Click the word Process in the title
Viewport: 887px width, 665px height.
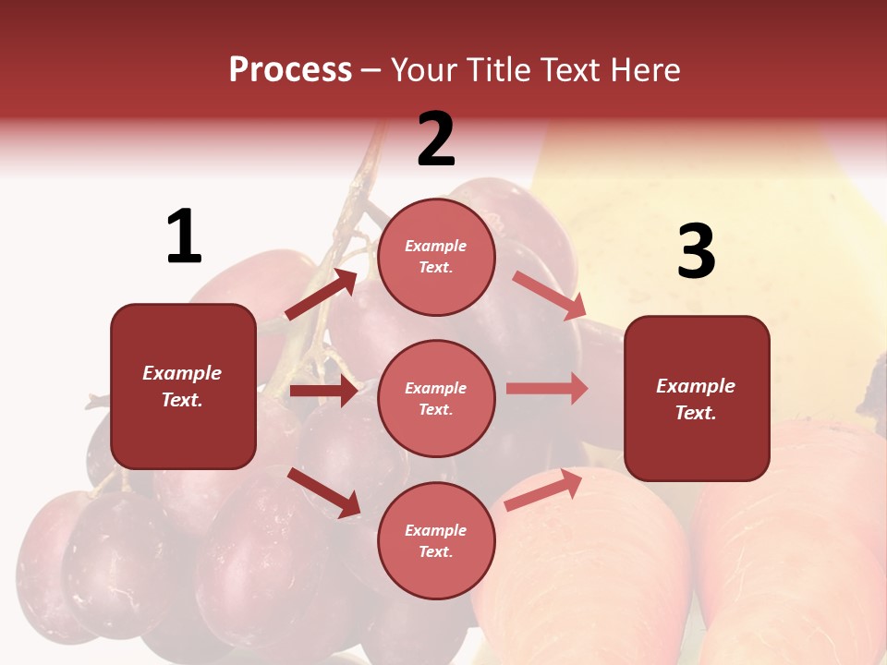(x=290, y=70)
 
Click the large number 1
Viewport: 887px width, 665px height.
(x=184, y=237)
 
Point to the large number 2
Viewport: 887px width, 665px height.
(x=436, y=139)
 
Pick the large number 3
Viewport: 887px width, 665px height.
(x=696, y=252)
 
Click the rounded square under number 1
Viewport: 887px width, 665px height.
(x=183, y=386)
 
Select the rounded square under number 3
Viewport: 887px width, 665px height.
(x=697, y=398)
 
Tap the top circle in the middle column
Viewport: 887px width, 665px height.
(x=436, y=257)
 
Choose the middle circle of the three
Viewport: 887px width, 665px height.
(x=436, y=398)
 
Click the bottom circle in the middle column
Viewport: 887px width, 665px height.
(x=436, y=540)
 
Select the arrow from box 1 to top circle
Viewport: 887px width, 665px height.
(x=321, y=295)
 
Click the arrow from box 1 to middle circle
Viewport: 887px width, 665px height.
(x=323, y=391)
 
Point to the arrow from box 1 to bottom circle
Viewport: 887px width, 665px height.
(x=323, y=491)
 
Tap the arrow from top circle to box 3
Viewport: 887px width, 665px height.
(x=549, y=296)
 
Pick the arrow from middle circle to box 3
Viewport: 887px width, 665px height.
(x=547, y=389)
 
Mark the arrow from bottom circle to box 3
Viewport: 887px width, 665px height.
(x=543, y=490)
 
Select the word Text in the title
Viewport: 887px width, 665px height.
(x=570, y=70)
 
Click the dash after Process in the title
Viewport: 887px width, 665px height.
(x=371, y=70)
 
